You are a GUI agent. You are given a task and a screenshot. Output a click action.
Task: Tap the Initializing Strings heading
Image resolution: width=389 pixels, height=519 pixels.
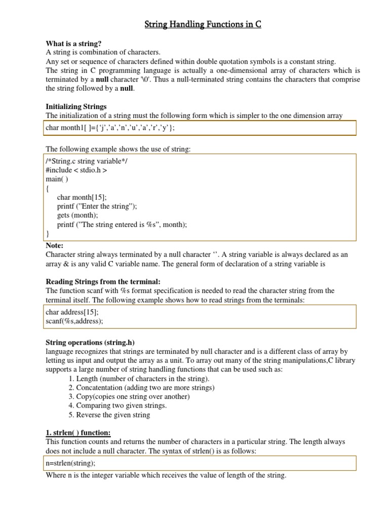coord(76,106)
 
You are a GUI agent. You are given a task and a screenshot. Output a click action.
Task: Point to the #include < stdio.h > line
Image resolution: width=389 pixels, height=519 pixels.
coord(76,170)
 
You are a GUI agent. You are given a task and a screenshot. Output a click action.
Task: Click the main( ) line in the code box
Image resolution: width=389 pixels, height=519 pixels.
coord(57,179)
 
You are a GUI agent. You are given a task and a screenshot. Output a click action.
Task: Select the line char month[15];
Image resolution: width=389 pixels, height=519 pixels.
coord(82,197)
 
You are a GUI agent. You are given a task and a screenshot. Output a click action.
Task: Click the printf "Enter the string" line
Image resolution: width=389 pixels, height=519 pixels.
coord(97,206)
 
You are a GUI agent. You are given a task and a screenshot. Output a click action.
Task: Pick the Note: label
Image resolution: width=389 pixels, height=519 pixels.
coord(54,245)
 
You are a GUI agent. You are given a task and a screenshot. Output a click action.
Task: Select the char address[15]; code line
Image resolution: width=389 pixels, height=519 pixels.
coord(72,312)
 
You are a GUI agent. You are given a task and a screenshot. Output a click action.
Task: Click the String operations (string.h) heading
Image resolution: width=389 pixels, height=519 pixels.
coord(90,342)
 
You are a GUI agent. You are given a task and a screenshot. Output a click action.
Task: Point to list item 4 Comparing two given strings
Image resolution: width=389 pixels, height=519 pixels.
coord(117,405)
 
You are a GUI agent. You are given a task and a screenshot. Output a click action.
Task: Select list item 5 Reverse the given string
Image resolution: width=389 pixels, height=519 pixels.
coord(109,415)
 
